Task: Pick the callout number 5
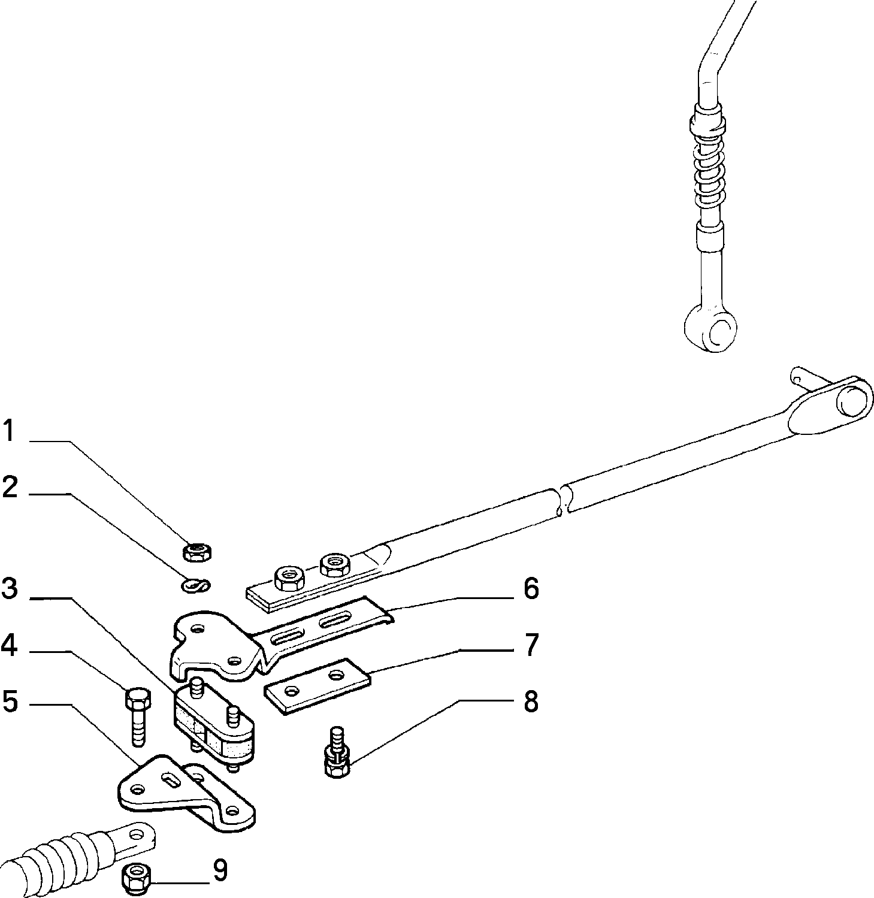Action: tap(10, 701)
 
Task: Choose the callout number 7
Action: tap(531, 645)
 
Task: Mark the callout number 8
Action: tap(531, 701)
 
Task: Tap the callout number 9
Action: tap(220, 870)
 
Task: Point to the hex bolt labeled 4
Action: tap(138, 716)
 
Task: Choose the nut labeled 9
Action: tap(136, 876)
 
